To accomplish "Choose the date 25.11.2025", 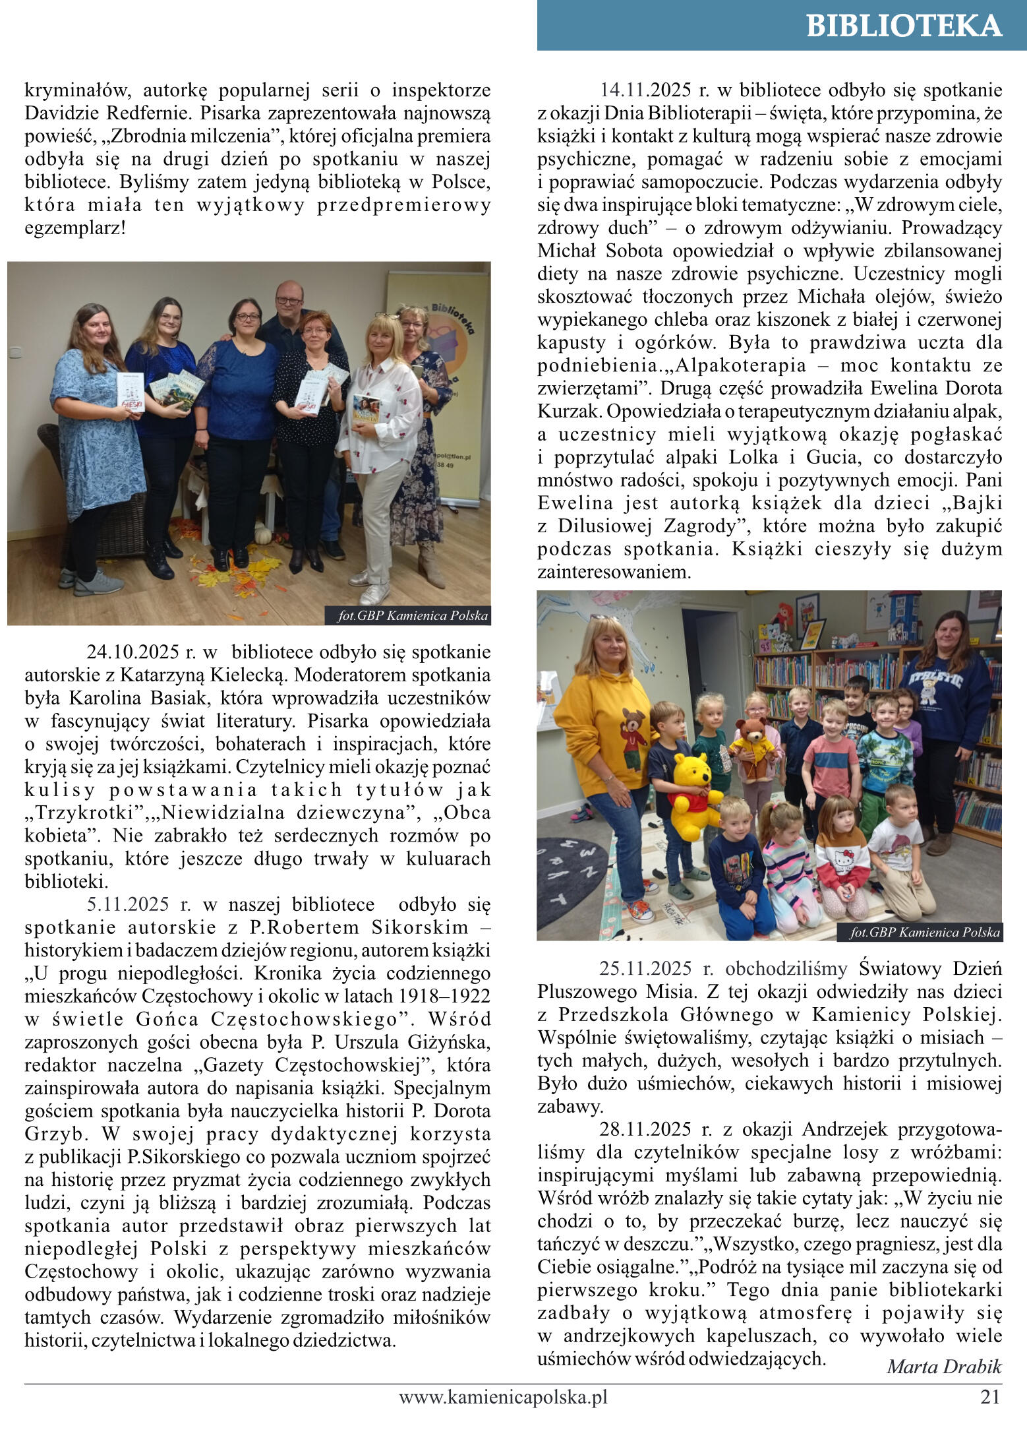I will [645, 969].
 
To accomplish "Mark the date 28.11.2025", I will [645, 1129].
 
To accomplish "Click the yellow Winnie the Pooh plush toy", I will [695, 795].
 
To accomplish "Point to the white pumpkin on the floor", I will [264, 534].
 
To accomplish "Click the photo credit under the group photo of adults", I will [413, 616].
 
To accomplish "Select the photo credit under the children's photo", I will [925, 932].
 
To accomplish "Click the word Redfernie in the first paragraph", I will [132, 113].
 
